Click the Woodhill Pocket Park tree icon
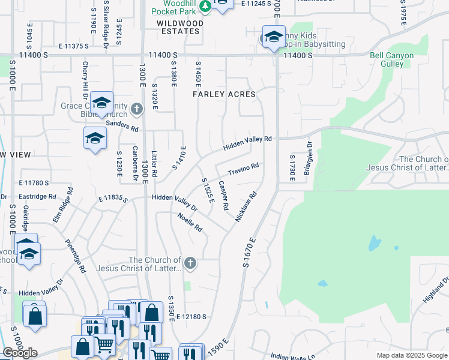click(x=205, y=6)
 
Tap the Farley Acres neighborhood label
click(x=224, y=94)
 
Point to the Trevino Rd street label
click(x=243, y=169)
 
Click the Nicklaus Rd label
click(x=246, y=206)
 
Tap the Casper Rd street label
click(x=223, y=195)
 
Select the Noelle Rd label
click(x=190, y=223)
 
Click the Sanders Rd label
click(x=122, y=125)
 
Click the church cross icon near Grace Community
click(x=137, y=109)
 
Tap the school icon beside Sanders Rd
click(x=95, y=139)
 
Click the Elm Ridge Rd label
click(x=62, y=205)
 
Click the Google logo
click(x=20, y=353)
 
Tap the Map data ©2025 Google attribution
click(x=412, y=355)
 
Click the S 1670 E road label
click(x=250, y=252)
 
